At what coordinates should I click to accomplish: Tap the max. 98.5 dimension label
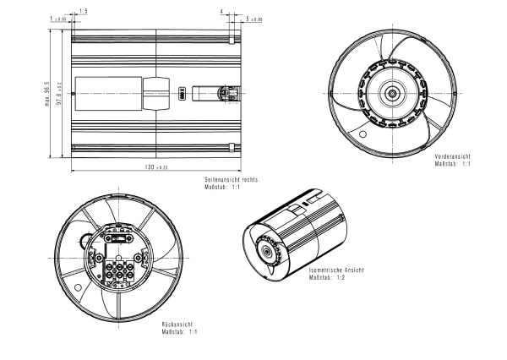tap(48, 95)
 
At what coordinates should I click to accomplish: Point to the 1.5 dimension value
tap(82, 12)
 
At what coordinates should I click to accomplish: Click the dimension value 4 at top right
tap(221, 12)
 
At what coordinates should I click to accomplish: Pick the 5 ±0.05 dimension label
tap(253, 18)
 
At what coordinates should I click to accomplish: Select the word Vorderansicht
tap(452, 157)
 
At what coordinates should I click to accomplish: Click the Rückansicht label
tap(176, 324)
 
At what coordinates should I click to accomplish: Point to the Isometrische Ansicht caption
tap(336, 270)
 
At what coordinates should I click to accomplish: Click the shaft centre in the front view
tap(395, 92)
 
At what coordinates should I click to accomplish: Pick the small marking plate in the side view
tap(182, 93)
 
